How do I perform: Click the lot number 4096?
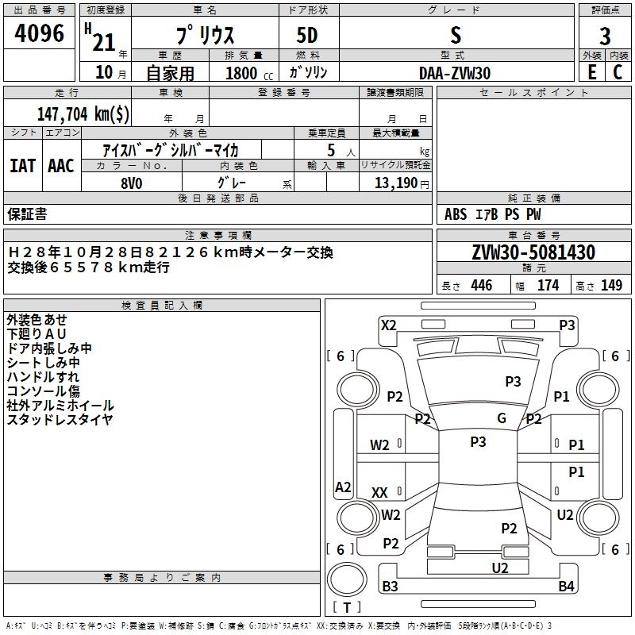[39, 33]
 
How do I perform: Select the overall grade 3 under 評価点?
[605, 36]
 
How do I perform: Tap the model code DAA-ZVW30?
[455, 73]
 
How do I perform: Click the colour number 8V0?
[132, 183]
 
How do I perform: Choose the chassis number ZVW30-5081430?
[533, 252]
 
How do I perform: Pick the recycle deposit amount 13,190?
[396, 183]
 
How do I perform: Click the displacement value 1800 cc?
[249, 73]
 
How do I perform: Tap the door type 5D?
[307, 35]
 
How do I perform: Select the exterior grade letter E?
[592, 72]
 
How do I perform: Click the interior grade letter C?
[618, 72]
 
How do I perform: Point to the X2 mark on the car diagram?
[388, 325]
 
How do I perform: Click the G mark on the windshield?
[502, 418]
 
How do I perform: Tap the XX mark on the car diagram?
[379, 492]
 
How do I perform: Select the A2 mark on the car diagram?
[343, 487]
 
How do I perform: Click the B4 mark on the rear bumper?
[566, 586]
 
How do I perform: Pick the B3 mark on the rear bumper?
[390, 586]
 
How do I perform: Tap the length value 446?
[482, 285]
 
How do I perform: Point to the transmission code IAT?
[23, 166]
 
